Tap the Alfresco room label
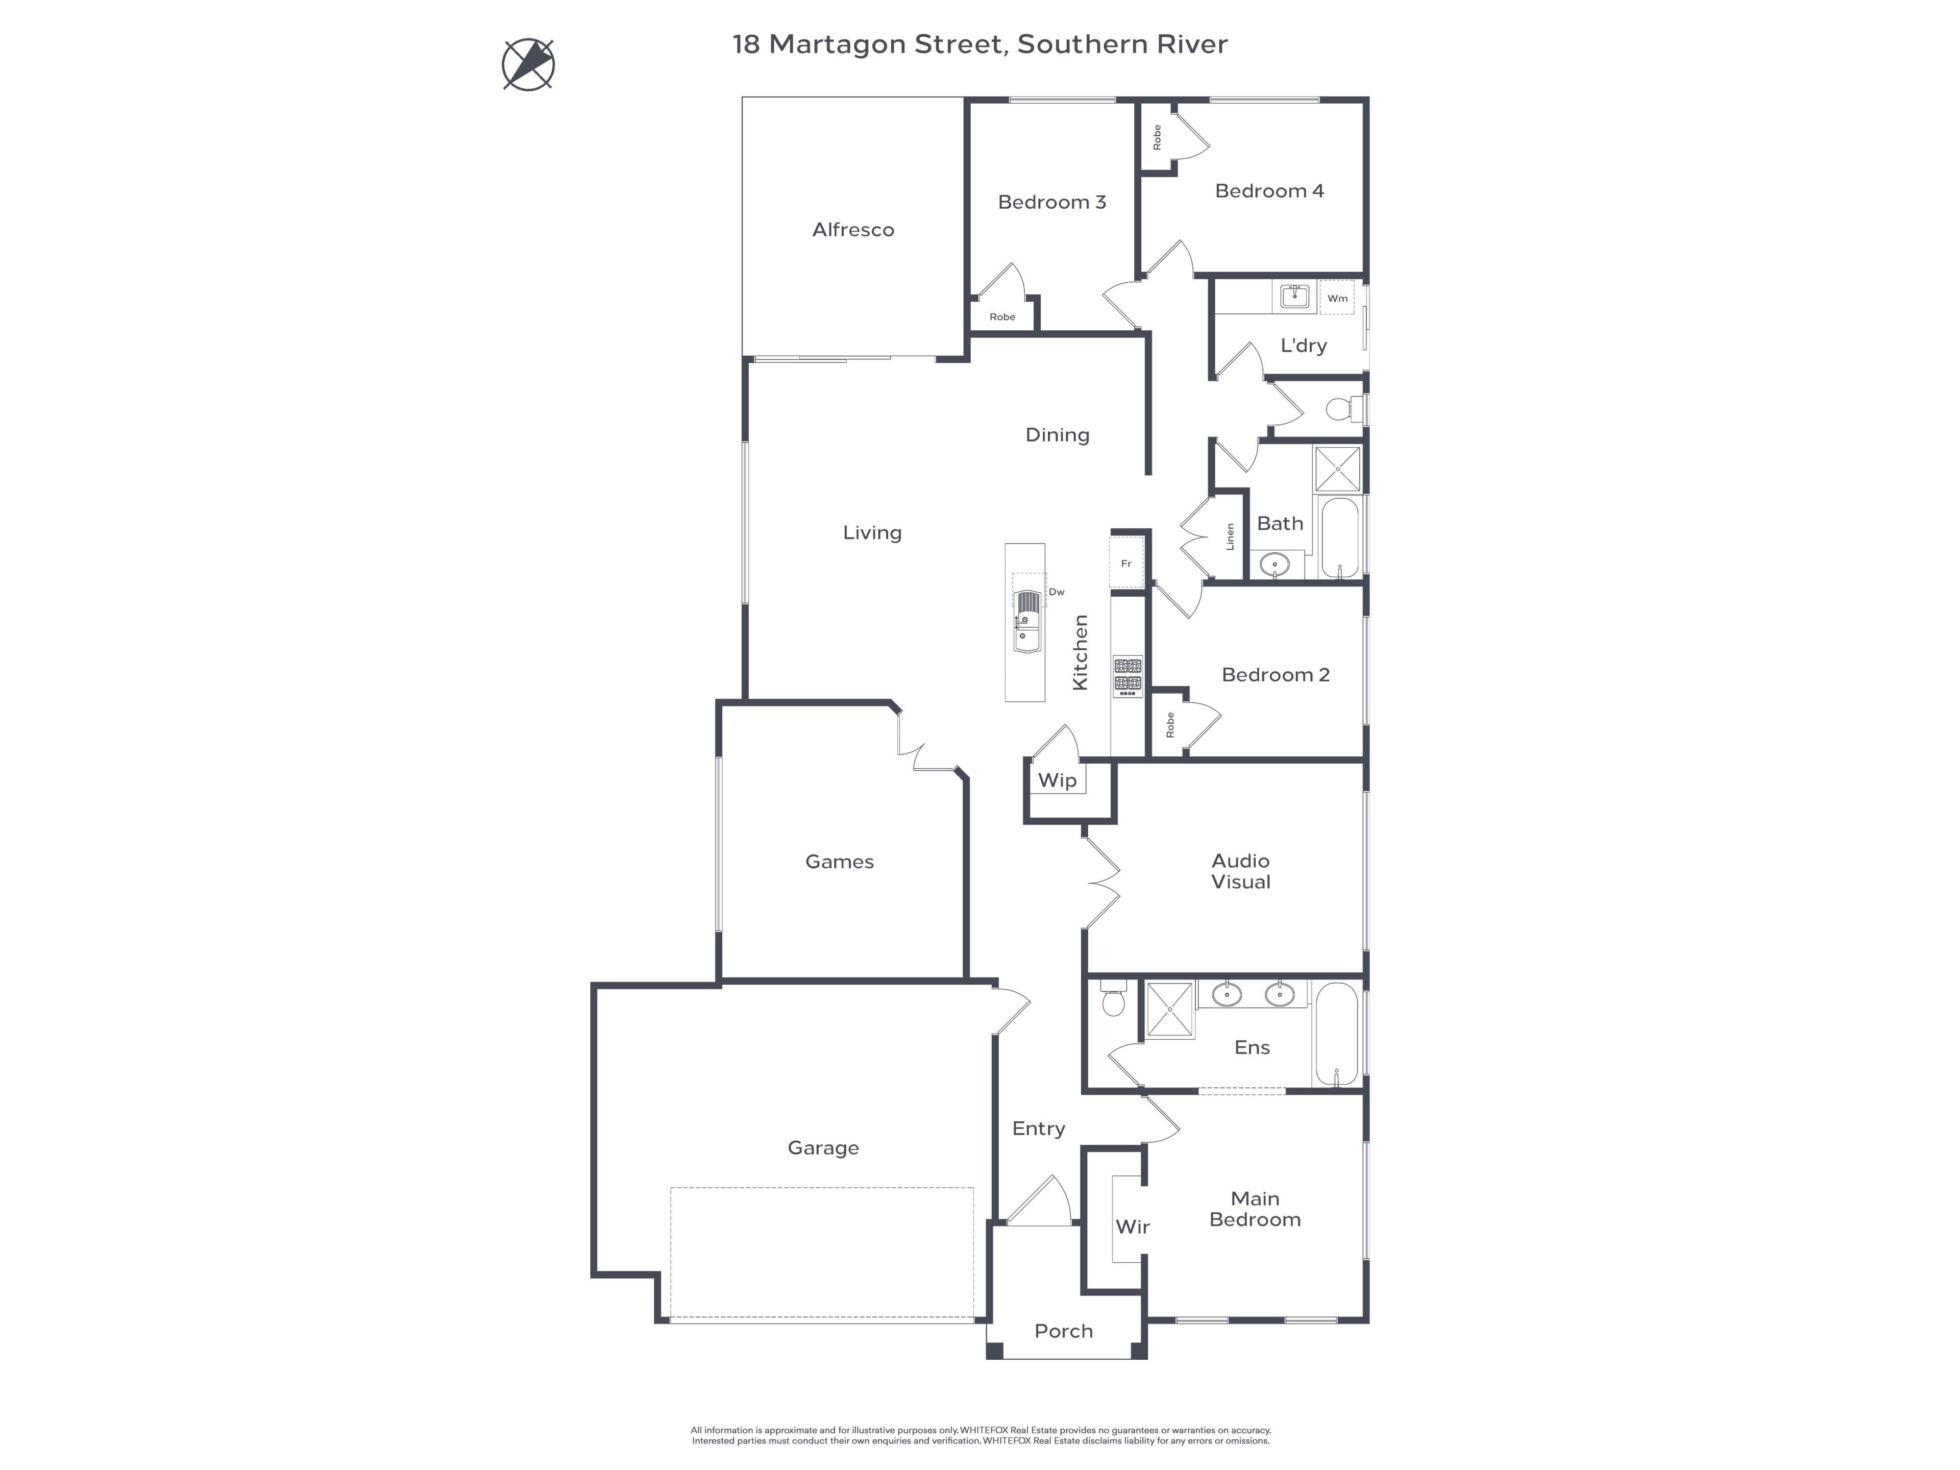click(x=853, y=230)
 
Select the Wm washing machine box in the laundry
click(x=1337, y=298)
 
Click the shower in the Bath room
click(x=1337, y=469)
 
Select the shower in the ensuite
click(x=1170, y=1009)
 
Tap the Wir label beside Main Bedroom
click(x=1133, y=1227)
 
